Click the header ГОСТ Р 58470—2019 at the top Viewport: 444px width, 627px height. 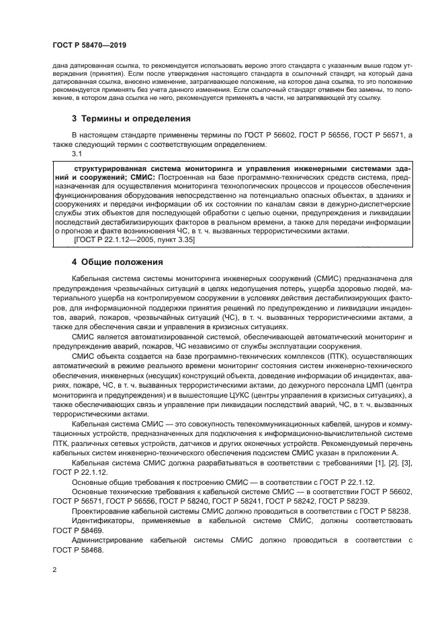point(89,44)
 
